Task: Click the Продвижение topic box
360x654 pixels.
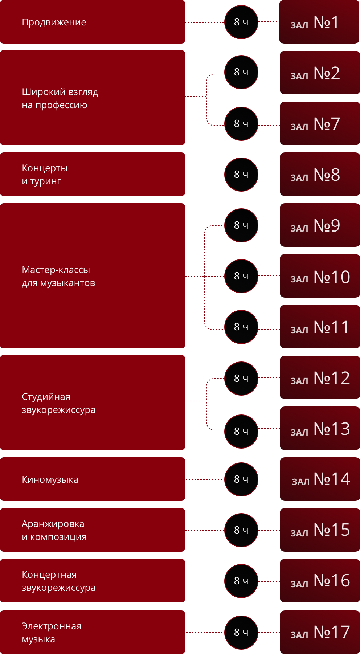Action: (x=92, y=22)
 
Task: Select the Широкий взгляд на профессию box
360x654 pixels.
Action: (x=92, y=98)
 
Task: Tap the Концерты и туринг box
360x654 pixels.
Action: (x=92, y=174)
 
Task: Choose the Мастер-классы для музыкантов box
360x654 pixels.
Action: (x=92, y=276)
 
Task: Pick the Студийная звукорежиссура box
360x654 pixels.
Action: (x=92, y=402)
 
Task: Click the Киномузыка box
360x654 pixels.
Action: (x=92, y=479)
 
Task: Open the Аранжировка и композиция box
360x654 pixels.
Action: (x=92, y=530)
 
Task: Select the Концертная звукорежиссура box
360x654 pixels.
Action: (x=92, y=581)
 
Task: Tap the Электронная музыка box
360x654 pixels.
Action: (x=92, y=632)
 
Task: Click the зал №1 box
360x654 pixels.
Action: (x=319, y=22)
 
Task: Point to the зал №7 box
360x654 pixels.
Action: (x=320, y=123)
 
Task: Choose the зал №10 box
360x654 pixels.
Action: (x=320, y=276)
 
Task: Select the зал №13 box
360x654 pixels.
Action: (x=320, y=428)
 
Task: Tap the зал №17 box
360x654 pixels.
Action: (x=320, y=632)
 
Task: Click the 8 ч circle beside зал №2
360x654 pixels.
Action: (x=241, y=72)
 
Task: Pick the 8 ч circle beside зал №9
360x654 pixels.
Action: (x=241, y=225)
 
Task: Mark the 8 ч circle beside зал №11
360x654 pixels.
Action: (x=241, y=327)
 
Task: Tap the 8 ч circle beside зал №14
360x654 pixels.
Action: (x=241, y=479)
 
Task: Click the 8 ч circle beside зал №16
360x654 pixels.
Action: (x=241, y=581)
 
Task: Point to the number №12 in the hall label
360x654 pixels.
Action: (x=332, y=378)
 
